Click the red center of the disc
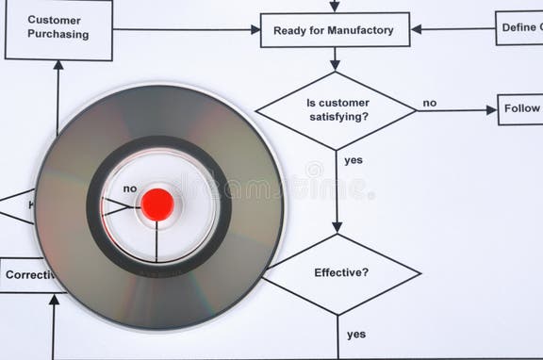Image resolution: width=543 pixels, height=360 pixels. (x=156, y=205)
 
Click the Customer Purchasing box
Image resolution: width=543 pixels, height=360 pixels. (x=58, y=28)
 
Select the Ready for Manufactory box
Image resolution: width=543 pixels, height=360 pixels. (x=334, y=30)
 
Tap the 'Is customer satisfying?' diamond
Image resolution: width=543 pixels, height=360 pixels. (x=337, y=110)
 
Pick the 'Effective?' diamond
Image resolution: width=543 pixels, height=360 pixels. (x=341, y=273)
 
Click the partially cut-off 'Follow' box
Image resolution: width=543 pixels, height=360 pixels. (x=520, y=109)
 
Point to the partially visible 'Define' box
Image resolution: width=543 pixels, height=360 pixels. (x=519, y=28)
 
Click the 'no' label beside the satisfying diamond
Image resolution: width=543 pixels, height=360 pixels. (x=429, y=103)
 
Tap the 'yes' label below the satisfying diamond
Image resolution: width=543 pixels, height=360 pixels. (x=354, y=160)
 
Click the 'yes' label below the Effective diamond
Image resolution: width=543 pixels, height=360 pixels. (x=356, y=334)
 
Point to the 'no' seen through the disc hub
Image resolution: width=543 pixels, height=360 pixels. (x=130, y=188)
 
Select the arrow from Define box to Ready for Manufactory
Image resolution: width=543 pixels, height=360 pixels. (x=452, y=29)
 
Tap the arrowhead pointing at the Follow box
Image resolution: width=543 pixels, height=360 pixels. (x=491, y=110)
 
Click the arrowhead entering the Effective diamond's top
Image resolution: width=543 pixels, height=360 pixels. (x=337, y=227)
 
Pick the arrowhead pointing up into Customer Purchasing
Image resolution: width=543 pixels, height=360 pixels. (x=58, y=66)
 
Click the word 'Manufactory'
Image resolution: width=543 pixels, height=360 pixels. (x=361, y=30)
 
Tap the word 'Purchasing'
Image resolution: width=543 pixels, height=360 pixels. (x=58, y=35)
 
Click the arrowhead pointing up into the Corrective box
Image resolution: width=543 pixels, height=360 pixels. (x=54, y=300)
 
